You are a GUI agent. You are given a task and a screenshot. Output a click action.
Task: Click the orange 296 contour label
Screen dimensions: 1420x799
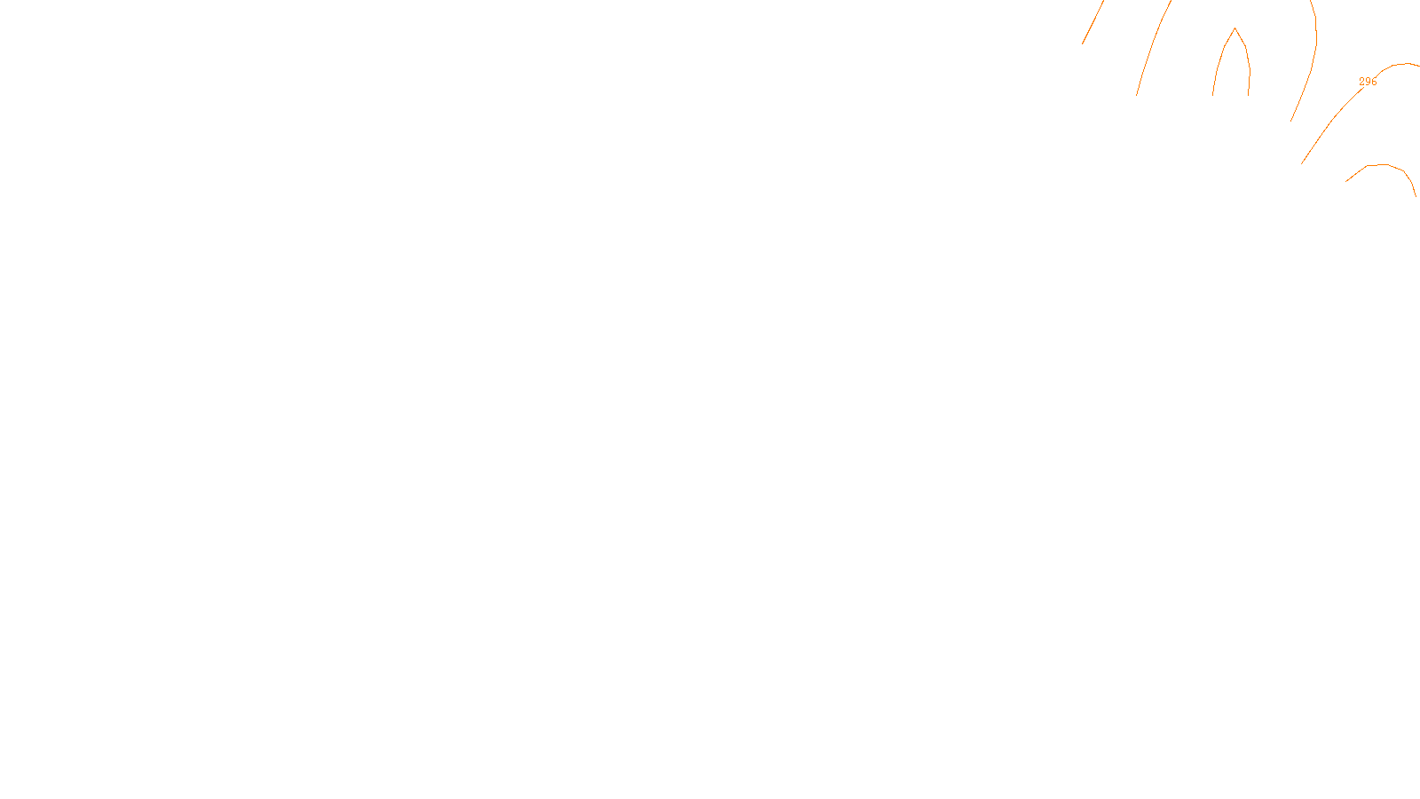(x=1368, y=82)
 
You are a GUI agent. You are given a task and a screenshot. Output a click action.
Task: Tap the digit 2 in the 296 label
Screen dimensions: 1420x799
(x=1362, y=82)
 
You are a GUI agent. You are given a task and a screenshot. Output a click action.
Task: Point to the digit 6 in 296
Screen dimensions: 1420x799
(x=1374, y=82)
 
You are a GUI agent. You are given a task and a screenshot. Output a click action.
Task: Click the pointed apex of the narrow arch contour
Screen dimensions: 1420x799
(x=1235, y=28)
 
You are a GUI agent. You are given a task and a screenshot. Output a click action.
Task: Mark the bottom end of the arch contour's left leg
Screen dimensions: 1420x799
(x=1213, y=95)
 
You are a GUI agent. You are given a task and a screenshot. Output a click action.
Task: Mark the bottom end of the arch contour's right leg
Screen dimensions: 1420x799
(x=1249, y=95)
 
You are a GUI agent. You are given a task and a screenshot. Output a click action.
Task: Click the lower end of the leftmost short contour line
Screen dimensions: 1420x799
(x=1082, y=44)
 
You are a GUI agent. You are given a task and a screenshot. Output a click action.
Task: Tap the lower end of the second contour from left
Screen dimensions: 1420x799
(x=1137, y=95)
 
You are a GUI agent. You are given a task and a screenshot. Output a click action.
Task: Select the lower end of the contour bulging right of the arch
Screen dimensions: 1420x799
(x=1290, y=122)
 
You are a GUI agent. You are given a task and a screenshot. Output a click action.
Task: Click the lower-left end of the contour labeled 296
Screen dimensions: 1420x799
(x=1301, y=164)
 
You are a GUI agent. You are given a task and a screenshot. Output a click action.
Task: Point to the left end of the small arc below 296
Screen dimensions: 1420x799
(x=1345, y=181)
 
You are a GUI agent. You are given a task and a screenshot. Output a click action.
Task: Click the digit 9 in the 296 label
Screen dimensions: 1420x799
(x=1368, y=82)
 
